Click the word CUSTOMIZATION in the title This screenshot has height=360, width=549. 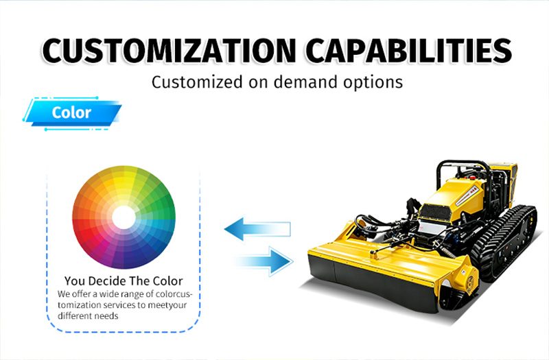169,51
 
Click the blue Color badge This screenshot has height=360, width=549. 72,113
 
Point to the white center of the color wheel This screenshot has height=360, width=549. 124,217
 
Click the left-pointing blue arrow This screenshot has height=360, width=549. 257,229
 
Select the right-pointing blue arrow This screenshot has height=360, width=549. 264,261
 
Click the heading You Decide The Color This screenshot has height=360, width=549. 124,281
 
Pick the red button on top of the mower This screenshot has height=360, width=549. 473,178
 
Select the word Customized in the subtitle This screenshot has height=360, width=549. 197,82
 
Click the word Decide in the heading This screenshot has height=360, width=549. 104,281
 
